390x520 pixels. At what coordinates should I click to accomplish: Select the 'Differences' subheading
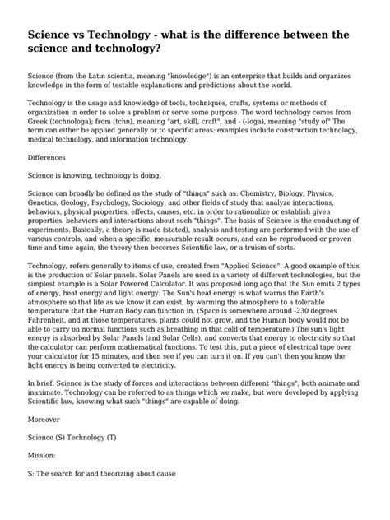pyautogui.click(x=49, y=156)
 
